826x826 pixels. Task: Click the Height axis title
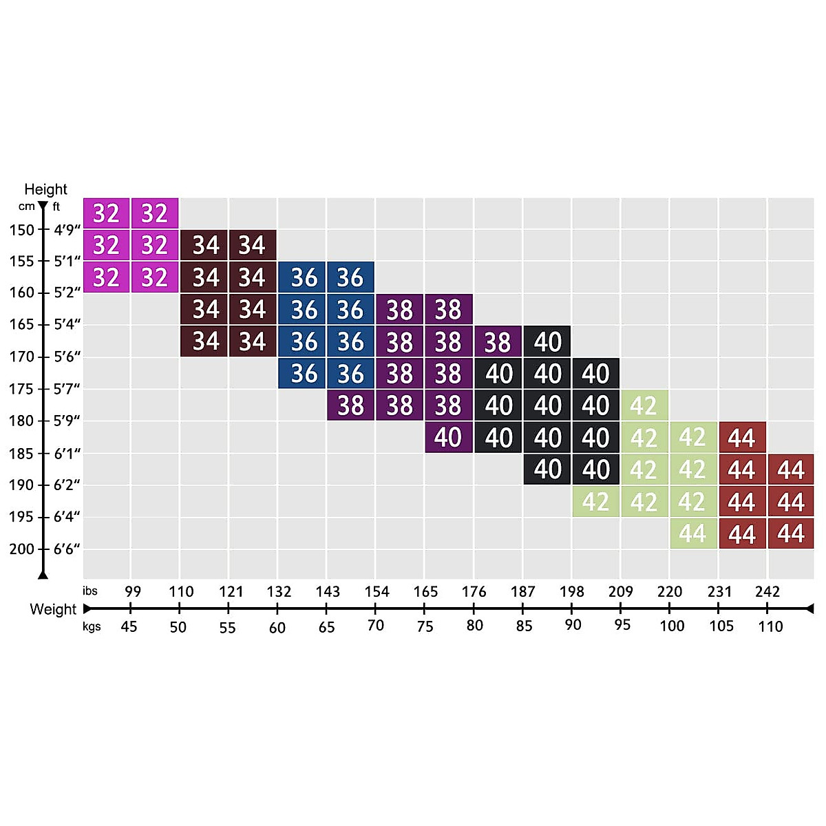(x=45, y=189)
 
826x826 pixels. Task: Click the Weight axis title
(x=53, y=609)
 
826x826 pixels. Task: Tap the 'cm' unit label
(x=27, y=206)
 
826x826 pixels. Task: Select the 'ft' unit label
(x=56, y=206)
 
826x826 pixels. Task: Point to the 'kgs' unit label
(x=92, y=626)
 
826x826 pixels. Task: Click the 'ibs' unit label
(x=90, y=591)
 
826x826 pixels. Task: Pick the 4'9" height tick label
(x=67, y=230)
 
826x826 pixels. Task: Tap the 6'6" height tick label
(x=67, y=549)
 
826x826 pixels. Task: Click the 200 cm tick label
(x=21, y=549)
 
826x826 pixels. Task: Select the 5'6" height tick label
(x=67, y=357)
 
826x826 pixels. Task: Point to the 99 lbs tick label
(x=133, y=592)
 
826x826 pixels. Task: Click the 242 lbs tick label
(x=767, y=592)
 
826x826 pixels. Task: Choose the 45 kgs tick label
(x=129, y=626)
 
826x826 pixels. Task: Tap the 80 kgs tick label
(x=474, y=626)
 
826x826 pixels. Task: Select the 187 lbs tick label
(x=523, y=592)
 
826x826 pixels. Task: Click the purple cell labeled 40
(x=449, y=438)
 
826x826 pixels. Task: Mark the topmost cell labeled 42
(x=644, y=405)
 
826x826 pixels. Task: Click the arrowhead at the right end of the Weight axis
(x=809, y=608)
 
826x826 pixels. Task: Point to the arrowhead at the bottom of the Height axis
(x=43, y=575)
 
